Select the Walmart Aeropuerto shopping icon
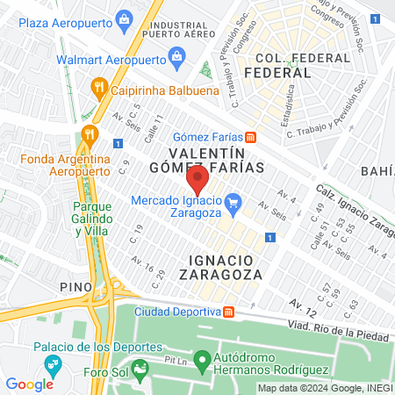click(x=178, y=60)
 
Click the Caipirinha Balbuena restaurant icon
click(x=97, y=88)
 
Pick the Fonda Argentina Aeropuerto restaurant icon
click(x=88, y=134)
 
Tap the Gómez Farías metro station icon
click(x=250, y=137)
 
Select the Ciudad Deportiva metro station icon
click(x=229, y=312)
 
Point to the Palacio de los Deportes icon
click(x=51, y=363)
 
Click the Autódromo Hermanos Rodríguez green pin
click(x=202, y=359)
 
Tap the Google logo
click(x=29, y=384)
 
